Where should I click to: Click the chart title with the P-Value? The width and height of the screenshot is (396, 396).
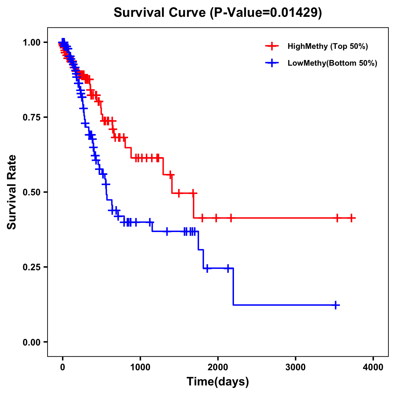click(218, 13)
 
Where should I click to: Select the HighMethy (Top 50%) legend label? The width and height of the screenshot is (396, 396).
click(328, 46)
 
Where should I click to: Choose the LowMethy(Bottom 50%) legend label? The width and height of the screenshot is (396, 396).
click(332, 63)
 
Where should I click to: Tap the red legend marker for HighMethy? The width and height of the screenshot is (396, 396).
click(272, 46)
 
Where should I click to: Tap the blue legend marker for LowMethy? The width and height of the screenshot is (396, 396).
click(272, 63)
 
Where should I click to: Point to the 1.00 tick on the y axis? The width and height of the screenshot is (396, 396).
click(31, 42)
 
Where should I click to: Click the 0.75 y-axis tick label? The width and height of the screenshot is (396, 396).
click(31, 117)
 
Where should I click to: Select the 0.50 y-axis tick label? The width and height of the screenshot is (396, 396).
click(31, 192)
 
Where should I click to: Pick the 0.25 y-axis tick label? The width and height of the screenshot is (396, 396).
click(31, 267)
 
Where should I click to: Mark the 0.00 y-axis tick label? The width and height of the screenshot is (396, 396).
click(31, 342)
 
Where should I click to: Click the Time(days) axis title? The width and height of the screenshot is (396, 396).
click(218, 382)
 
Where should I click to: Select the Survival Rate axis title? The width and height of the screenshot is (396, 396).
click(12, 192)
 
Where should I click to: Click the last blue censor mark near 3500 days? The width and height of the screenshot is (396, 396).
click(336, 305)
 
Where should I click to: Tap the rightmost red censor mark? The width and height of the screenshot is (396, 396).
click(352, 218)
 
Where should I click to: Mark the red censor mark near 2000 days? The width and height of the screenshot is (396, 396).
click(216, 218)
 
